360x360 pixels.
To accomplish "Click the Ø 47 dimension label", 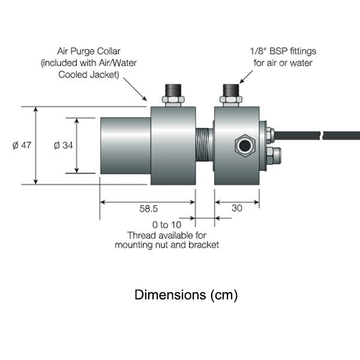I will coord(22,145).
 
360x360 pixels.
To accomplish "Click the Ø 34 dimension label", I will coord(63,145).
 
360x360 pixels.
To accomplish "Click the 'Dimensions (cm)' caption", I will coord(186,295).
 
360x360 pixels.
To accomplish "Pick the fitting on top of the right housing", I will coord(230,94).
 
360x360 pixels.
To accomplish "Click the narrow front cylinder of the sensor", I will coord(125,145).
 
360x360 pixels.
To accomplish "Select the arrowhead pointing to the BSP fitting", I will coord(242,81).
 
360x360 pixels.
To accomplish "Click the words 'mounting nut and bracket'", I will coord(166,245).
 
